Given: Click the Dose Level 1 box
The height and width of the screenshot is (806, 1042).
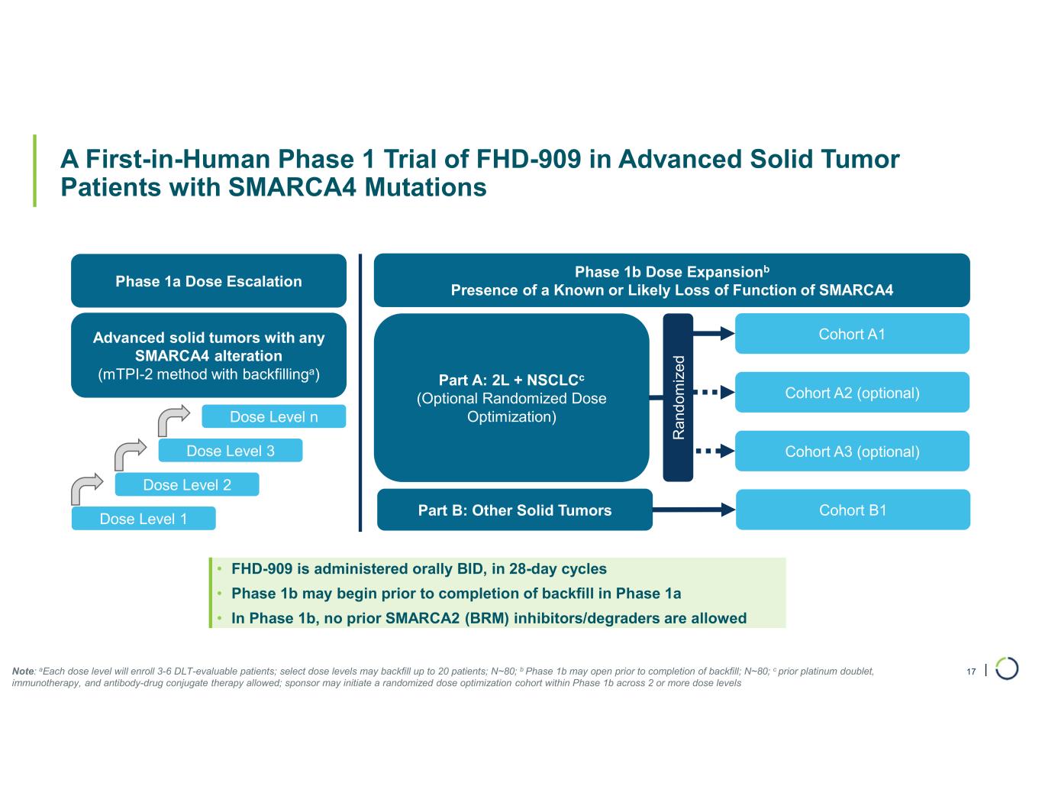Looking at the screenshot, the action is [x=144, y=518].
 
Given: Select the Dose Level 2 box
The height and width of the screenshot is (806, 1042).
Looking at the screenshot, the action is [x=187, y=484].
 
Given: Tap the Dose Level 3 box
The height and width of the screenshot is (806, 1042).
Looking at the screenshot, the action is [x=231, y=450].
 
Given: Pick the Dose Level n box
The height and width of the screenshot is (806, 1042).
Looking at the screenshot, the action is [x=274, y=416].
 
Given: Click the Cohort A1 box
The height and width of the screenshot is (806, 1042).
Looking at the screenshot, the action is [x=852, y=333].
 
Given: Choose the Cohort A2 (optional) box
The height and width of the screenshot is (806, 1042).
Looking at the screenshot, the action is [x=852, y=393].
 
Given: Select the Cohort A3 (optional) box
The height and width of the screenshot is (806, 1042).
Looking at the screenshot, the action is [x=852, y=451].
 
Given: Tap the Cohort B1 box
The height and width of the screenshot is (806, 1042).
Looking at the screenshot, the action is [x=853, y=510].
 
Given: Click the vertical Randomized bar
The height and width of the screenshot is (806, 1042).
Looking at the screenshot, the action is [x=678, y=397].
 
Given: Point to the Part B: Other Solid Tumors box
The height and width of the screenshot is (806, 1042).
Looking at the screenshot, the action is [x=515, y=510].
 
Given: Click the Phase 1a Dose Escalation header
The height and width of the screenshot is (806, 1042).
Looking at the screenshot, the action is [x=208, y=280].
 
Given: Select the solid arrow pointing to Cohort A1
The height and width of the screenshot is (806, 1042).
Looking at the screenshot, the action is [x=714, y=333].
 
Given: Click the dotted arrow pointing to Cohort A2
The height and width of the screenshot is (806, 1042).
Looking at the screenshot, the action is [x=715, y=393].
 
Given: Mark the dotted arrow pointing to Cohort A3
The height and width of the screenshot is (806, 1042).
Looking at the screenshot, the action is [x=715, y=451].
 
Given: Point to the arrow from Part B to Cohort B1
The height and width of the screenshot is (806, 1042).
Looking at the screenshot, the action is [x=694, y=510].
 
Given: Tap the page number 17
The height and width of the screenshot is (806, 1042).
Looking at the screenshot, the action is [x=971, y=672].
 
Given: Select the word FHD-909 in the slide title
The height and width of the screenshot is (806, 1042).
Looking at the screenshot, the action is [x=528, y=159].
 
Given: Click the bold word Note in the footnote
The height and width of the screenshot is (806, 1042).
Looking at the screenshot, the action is [x=23, y=672].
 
